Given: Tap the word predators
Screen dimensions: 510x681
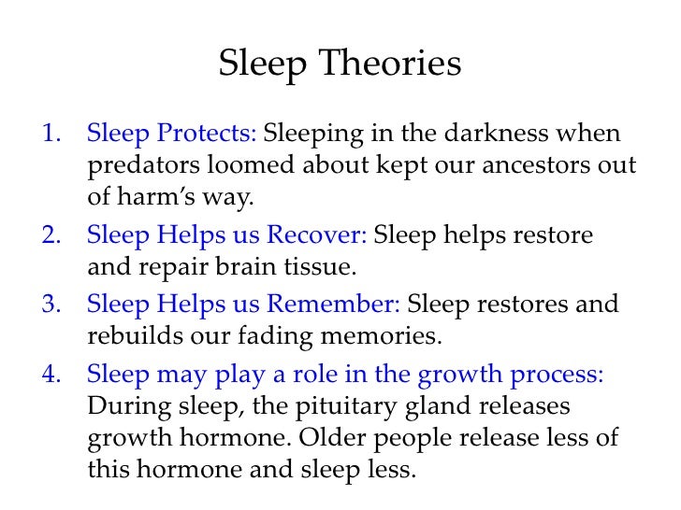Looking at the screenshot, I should coord(139,167).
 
